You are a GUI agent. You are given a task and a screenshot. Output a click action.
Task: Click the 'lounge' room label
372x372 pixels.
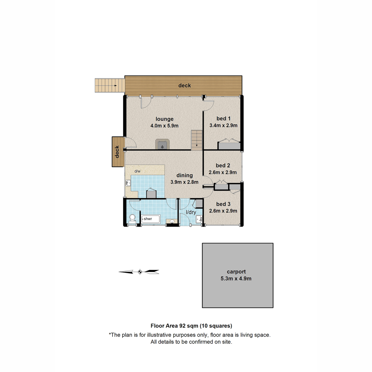(x=165, y=119)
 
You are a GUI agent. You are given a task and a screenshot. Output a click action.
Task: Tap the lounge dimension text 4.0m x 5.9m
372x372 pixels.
(x=165, y=126)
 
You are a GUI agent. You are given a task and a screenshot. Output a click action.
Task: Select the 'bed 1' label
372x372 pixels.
(x=224, y=118)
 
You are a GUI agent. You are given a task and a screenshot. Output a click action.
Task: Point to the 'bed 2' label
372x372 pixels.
(x=223, y=166)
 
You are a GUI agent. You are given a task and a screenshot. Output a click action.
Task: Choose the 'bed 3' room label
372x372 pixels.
(x=223, y=204)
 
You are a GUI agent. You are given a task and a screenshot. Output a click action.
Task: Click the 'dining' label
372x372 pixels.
(x=184, y=175)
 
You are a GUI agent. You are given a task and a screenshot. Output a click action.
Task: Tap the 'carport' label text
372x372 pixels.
(x=236, y=272)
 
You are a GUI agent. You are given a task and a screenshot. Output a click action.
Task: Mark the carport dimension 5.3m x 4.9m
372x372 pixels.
(x=236, y=279)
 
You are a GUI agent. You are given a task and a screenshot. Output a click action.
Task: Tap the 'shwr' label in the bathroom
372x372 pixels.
(x=148, y=219)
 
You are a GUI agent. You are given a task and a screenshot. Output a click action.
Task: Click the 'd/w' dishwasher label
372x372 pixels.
(x=137, y=171)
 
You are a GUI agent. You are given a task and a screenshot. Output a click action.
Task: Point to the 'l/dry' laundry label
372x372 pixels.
(x=191, y=212)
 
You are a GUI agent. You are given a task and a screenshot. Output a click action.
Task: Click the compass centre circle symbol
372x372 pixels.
(x=140, y=272)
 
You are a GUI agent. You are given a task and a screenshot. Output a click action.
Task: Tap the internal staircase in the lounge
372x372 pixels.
(x=197, y=140)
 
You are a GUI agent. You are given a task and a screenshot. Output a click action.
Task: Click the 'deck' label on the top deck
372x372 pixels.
(x=184, y=86)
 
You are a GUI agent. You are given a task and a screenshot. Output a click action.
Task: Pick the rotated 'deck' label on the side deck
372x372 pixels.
(x=117, y=152)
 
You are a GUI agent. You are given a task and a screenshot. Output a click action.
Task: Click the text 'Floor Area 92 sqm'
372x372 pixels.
(x=174, y=326)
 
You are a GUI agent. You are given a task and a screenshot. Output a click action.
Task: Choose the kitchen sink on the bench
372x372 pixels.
(x=128, y=183)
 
